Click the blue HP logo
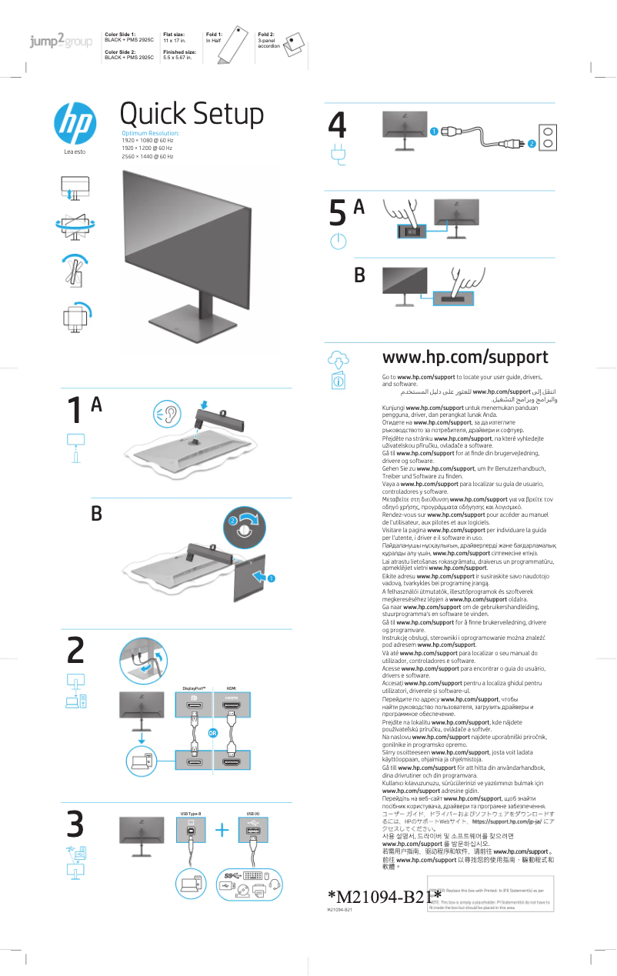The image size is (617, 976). coord(75,124)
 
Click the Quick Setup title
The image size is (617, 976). coord(192,115)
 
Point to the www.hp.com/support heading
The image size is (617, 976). coord(465,358)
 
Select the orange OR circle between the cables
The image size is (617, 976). coord(213,733)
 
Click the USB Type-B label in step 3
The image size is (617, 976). coord(191,813)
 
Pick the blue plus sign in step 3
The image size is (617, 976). coord(222,830)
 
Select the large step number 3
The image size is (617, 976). coord(75,825)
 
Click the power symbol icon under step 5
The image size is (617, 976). coord(335,241)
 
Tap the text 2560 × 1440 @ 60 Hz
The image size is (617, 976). coord(148,157)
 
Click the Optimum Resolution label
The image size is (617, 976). coord(150,134)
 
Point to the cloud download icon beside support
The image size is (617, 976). coord(339,358)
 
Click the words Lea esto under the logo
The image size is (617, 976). coord(75,152)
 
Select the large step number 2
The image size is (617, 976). coord(75,651)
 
